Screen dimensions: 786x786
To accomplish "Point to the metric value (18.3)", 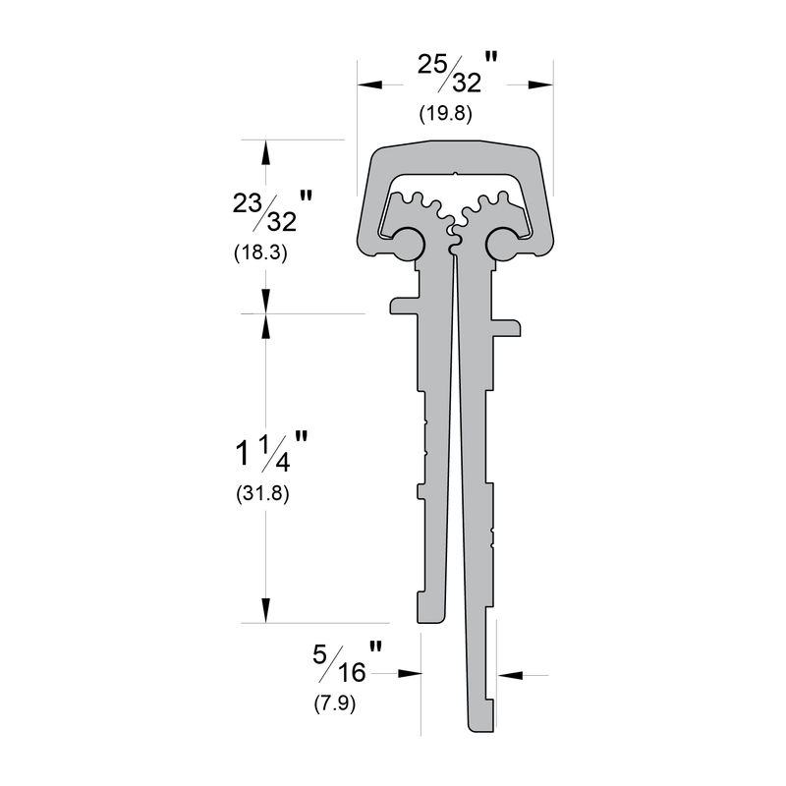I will [x=260, y=253].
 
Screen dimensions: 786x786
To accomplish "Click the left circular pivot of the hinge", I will [x=408, y=242].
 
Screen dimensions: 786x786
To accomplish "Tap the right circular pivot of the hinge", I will [x=502, y=242].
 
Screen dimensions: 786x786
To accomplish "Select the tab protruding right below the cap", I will [x=505, y=325].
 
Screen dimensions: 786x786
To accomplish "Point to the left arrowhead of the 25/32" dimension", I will [x=368, y=84].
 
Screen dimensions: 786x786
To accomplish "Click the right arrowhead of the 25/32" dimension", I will [x=540, y=84].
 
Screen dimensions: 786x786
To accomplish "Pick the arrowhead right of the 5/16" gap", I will [x=508, y=675].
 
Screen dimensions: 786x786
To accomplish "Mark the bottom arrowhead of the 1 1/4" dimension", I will [x=264, y=611].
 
